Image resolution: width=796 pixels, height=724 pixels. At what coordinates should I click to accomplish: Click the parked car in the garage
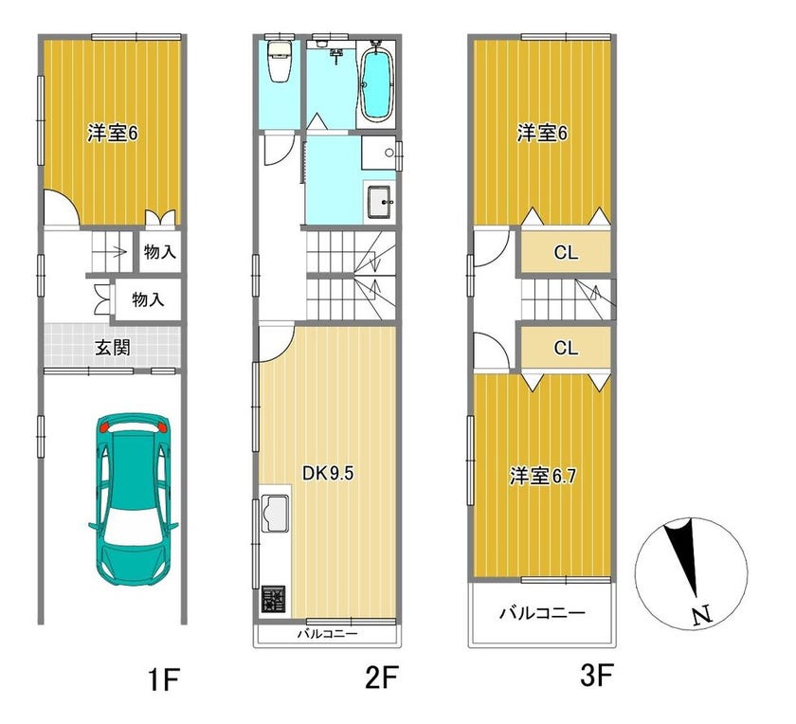point(133,498)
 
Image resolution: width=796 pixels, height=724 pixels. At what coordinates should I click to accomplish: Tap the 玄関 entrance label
point(113,348)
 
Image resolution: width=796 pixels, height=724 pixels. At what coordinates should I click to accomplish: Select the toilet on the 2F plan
point(279,61)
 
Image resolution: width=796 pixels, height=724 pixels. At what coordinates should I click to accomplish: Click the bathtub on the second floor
point(376,81)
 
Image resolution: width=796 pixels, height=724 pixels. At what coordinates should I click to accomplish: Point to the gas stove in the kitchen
point(273,599)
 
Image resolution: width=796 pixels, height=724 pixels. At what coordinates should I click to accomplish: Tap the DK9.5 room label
point(328,473)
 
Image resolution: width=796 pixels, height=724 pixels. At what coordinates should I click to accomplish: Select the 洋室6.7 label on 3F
point(543,477)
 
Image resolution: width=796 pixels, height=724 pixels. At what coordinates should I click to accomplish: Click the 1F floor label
point(163,679)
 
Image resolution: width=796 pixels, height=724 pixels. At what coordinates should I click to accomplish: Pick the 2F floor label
point(381,678)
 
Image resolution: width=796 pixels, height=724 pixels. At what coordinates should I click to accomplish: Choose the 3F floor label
point(597,675)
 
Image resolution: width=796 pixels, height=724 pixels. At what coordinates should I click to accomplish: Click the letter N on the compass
point(702,615)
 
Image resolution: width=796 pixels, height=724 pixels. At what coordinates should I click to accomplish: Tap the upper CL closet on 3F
point(566,252)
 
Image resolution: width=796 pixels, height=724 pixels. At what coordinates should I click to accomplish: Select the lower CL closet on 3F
point(566,348)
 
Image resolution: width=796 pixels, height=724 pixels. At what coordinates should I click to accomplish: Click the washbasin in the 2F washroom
point(379,202)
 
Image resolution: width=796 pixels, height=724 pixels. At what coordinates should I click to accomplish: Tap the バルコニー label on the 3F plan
point(542,613)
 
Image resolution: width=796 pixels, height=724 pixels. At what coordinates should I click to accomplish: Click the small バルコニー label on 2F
point(328,634)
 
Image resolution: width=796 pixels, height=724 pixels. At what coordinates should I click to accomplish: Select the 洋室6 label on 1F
point(112,134)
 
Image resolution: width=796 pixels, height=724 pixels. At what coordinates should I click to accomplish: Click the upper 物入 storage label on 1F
point(160,252)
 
